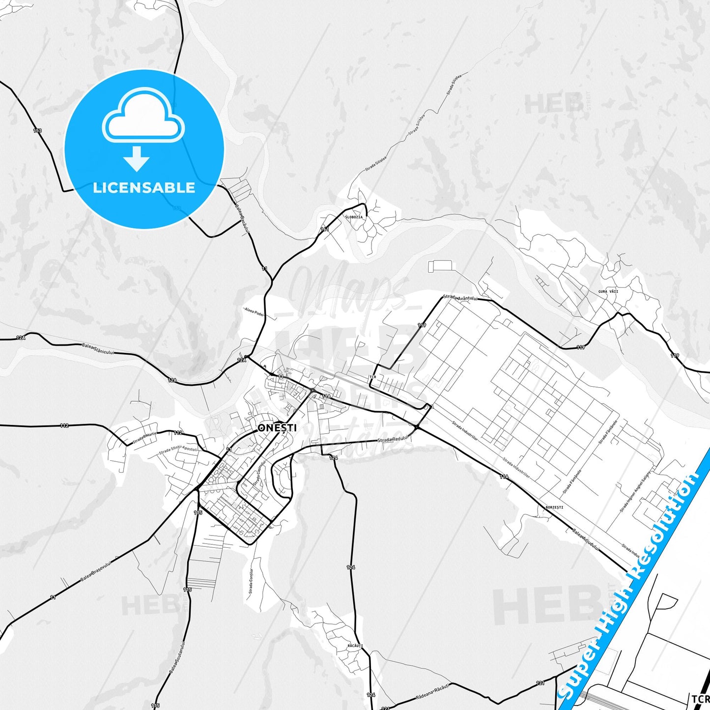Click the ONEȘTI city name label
coord(277,428)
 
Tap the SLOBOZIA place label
coord(354,217)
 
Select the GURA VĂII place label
coord(608,291)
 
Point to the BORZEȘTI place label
coord(554,507)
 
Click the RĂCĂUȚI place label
coord(354,645)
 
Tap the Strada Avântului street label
coord(460,298)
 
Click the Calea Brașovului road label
coord(96,570)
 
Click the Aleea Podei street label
coord(254,312)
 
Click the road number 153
coord(37,130)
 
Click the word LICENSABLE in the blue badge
coord(144,187)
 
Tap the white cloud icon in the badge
coord(143,115)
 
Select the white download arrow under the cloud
coord(137,158)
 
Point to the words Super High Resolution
coord(630,579)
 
